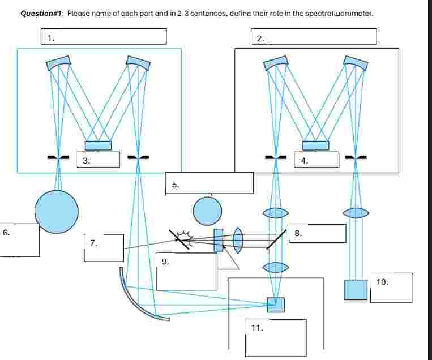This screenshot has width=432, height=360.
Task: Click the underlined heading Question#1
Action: tap(41, 13)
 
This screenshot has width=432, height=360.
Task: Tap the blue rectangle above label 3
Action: tap(98, 145)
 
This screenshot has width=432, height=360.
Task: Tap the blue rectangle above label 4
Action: tap(315, 145)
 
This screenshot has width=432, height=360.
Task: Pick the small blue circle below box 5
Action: tap(208, 211)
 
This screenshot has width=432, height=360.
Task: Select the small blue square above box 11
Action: tap(276, 305)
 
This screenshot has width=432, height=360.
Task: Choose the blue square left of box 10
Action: tap(356, 289)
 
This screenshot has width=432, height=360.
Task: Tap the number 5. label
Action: tap(176, 184)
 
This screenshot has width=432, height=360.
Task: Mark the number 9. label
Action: tap(165, 262)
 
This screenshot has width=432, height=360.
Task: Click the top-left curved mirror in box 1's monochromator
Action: tap(59, 63)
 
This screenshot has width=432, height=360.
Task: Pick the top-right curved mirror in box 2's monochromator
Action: tap(356, 63)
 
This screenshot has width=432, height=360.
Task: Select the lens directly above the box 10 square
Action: tap(356, 213)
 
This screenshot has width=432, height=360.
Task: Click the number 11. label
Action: tap(257, 328)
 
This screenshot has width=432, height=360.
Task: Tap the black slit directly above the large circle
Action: tap(59, 157)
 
